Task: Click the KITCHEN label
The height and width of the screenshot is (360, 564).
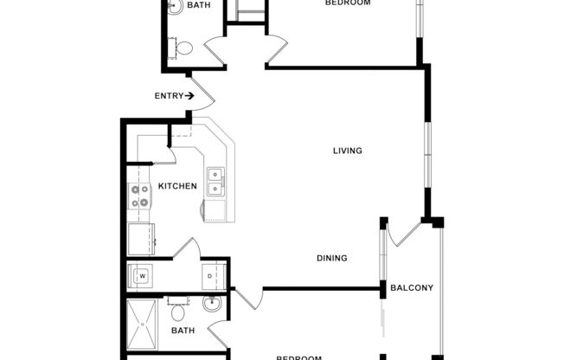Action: [177, 186]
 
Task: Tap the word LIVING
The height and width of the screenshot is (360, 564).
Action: [348, 151]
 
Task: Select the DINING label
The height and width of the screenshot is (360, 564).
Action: [331, 258]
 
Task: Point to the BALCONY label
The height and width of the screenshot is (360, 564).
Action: [412, 288]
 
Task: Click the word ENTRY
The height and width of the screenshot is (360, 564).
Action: [168, 96]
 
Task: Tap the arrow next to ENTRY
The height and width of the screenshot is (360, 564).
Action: [189, 96]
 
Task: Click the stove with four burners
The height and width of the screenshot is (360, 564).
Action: [140, 197]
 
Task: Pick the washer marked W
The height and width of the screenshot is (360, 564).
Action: [141, 277]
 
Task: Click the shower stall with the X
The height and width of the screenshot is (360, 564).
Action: [143, 325]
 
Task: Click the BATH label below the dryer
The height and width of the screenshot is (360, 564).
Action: [183, 331]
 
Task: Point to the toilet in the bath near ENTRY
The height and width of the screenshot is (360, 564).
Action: [184, 48]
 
